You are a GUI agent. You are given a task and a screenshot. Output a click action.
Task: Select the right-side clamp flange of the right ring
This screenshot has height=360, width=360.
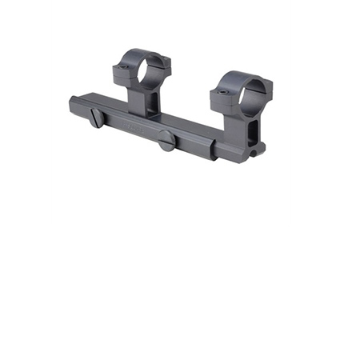265,99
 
